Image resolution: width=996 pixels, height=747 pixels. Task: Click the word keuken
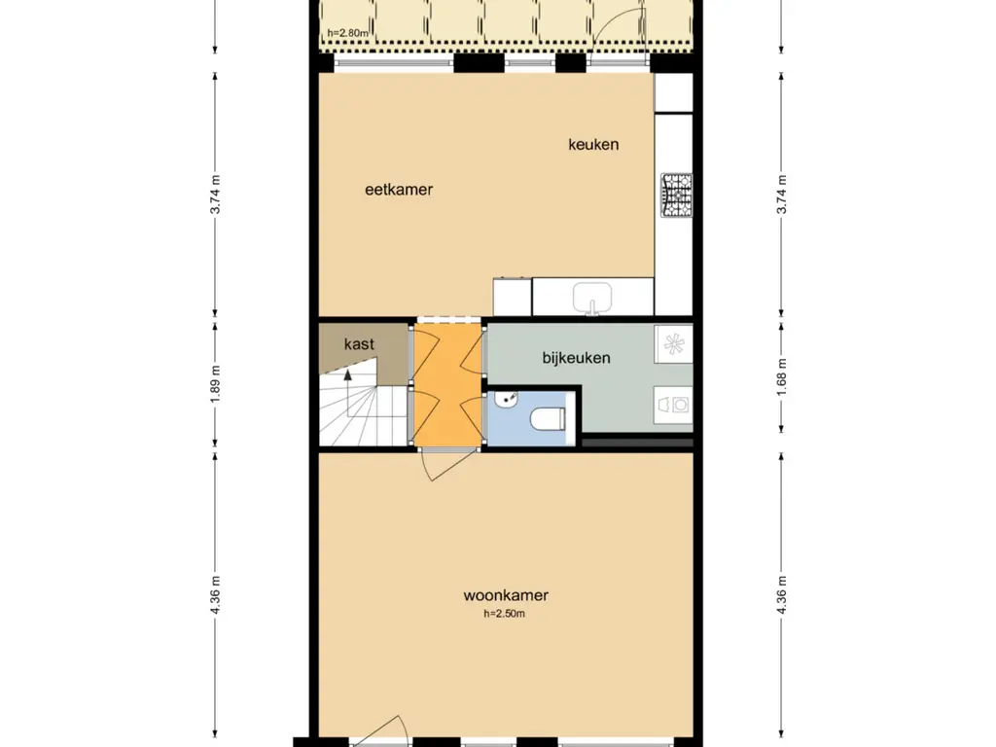[593, 145]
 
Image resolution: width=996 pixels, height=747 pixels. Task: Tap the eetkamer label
[399, 190]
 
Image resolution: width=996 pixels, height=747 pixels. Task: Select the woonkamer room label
[506, 595]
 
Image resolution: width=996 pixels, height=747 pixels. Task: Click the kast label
[359, 344]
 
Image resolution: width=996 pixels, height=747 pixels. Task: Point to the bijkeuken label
[576, 358]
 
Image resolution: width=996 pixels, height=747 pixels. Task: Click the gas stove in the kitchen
[677, 195]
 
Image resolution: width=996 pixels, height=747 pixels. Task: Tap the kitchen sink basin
[592, 298]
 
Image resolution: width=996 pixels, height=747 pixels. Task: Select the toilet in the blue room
[547, 418]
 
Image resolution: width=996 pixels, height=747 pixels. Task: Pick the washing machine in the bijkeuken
[673, 404]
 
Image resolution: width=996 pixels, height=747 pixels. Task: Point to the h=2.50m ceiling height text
[505, 614]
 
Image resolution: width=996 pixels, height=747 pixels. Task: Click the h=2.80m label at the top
[347, 33]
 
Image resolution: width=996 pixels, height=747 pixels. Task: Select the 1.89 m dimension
[215, 383]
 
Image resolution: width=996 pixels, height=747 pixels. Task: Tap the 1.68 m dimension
[781, 378]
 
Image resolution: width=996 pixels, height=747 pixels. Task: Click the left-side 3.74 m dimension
[215, 195]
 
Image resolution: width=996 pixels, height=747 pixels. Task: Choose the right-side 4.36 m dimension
[781, 594]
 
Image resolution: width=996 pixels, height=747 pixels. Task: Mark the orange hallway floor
[446, 385]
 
